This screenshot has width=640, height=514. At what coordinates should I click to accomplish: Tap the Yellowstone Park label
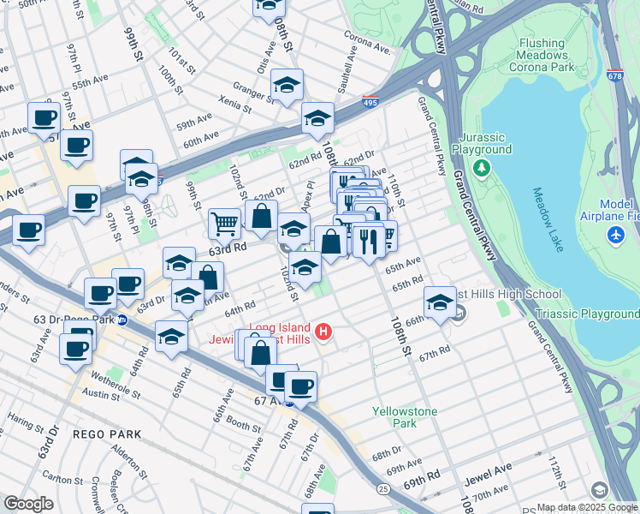405,417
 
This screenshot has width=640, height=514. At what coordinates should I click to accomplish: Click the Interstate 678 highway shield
613,76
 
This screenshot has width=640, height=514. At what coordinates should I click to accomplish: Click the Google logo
28,503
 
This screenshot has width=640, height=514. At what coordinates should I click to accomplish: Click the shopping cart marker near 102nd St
224,224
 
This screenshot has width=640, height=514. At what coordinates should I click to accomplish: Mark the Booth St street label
244,425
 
